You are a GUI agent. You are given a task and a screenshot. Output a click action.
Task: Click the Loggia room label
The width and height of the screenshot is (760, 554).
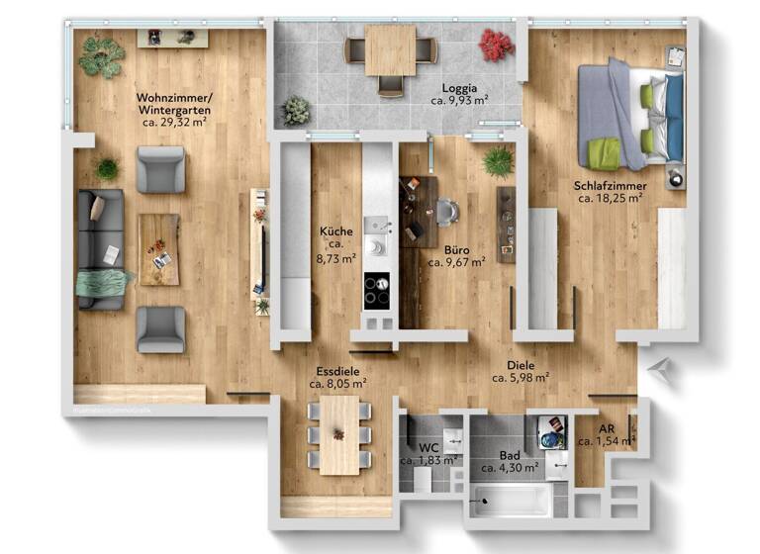pos(460,87)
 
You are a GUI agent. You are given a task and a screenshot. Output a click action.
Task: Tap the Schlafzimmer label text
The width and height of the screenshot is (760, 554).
pos(610,185)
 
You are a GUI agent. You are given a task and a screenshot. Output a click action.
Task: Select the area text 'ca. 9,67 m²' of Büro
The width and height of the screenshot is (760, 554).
pos(456,263)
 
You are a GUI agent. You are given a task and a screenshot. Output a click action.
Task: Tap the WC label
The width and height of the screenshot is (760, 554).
pos(427,447)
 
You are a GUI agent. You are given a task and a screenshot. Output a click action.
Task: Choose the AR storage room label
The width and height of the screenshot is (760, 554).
pos(607,429)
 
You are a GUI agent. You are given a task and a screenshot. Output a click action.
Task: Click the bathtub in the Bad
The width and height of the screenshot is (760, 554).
pos(511,500)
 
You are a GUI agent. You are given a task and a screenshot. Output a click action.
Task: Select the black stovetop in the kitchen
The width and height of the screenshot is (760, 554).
pos(377,290)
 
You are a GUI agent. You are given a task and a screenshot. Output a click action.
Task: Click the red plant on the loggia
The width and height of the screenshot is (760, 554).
pos(496,45)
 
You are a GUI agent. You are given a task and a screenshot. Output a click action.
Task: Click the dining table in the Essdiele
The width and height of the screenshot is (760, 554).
pos(338,435)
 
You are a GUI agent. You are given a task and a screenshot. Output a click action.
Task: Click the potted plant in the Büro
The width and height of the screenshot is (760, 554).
pos(498,161)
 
